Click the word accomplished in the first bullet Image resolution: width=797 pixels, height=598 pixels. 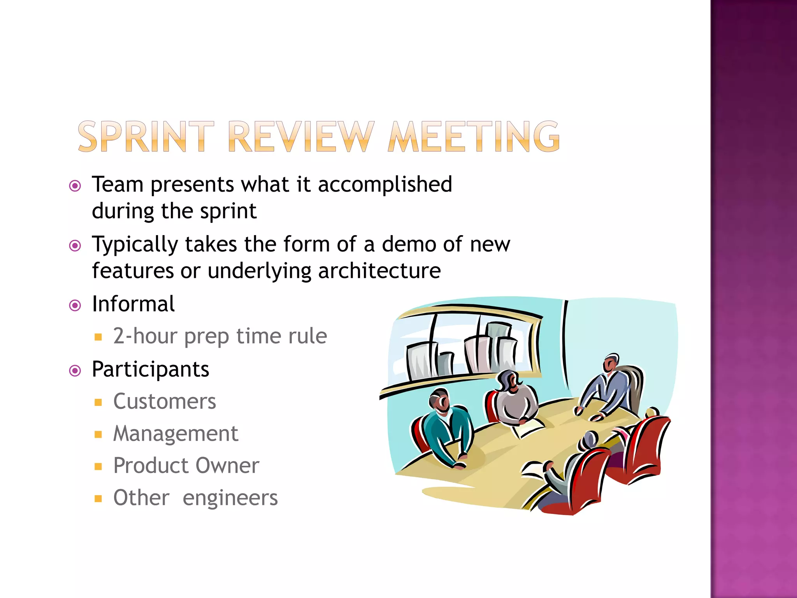pos(385,185)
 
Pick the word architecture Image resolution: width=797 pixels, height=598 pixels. pos(379,271)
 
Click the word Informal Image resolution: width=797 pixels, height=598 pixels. pos(133,304)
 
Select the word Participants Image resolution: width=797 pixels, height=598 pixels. pos(151,369)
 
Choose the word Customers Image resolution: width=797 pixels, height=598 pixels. pos(165,401)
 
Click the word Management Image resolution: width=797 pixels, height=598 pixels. pos(176,434)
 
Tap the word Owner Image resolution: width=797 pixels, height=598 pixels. pos(227,466)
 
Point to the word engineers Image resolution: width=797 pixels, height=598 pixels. pos(230,498)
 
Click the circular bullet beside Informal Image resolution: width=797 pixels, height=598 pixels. pos(75,305)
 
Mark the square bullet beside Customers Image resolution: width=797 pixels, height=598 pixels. pos(98,402)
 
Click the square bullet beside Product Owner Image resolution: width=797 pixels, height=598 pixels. pos(98,466)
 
